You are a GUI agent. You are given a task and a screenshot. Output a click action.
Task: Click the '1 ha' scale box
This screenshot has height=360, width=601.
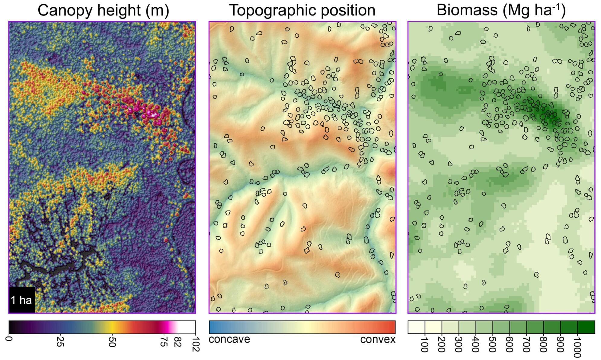22,300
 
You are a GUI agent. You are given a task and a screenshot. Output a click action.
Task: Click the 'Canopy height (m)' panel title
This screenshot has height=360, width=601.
103,10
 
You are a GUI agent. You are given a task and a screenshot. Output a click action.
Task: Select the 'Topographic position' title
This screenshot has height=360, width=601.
302,10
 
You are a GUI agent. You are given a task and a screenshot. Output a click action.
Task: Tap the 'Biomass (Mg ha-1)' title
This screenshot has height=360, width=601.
501,10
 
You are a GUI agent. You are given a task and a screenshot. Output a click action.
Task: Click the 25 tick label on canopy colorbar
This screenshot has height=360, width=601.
60,341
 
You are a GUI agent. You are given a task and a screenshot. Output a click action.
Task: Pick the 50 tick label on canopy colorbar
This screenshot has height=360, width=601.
112,341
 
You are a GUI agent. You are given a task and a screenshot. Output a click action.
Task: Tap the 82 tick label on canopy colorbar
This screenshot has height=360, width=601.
178,341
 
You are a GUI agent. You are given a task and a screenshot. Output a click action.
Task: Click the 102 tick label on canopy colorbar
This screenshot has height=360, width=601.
195,343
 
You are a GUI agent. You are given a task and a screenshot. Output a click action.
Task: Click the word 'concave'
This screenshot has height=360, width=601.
229,339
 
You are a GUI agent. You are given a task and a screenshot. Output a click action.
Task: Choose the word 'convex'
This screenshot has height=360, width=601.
378,339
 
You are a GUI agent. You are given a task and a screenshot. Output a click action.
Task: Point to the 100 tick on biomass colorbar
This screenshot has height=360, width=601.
424,344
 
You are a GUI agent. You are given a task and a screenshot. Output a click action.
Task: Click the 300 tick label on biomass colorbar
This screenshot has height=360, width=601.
458,344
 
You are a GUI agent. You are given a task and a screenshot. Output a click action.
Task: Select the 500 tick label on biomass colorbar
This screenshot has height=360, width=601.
492,344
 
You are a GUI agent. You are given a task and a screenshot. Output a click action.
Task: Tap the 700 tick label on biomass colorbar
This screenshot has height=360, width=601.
526,344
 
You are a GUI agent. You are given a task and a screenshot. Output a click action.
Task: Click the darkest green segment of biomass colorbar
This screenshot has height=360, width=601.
586,327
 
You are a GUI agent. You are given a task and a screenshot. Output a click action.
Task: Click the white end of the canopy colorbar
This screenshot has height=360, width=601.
187,327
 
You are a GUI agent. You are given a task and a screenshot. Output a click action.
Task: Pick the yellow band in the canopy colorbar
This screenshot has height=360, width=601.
112,327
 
